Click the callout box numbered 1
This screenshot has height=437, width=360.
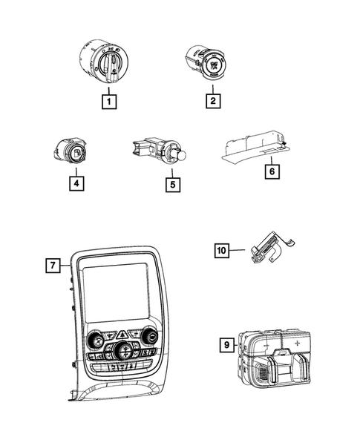point(109,102)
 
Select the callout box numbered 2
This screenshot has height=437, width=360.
point(213,101)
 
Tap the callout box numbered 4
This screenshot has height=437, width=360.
point(76,183)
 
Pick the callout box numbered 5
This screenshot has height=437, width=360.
point(173,185)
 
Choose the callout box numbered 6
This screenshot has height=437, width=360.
point(272,171)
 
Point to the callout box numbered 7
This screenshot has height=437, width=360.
point(53,266)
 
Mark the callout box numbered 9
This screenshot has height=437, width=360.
point(226,345)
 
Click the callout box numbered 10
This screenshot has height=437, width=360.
point(222,250)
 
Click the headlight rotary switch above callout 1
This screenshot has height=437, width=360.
point(104,61)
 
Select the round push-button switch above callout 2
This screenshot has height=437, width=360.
point(207,62)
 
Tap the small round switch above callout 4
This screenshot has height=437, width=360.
point(70,151)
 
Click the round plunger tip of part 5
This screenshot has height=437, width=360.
point(182,155)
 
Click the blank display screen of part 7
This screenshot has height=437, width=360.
point(115,292)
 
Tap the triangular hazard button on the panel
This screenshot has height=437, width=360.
point(122,334)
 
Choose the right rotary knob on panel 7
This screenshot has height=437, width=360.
point(149,336)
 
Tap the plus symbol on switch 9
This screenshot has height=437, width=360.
point(297,343)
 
